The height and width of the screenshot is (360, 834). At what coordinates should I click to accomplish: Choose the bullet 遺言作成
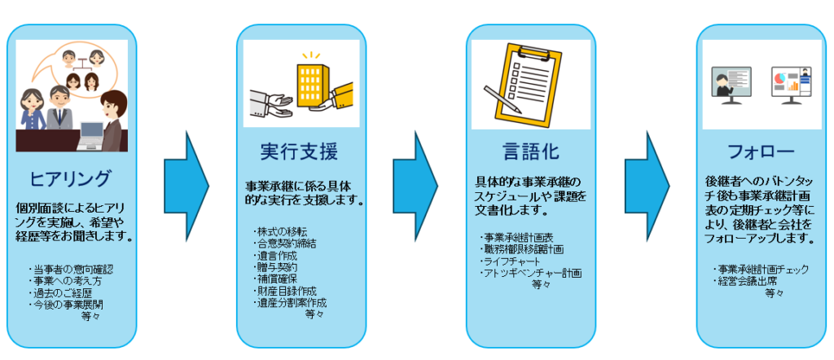click(x=276, y=254)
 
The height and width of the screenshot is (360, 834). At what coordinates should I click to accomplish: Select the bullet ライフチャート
click(x=511, y=261)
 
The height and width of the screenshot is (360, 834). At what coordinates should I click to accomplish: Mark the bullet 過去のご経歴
click(x=60, y=292)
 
